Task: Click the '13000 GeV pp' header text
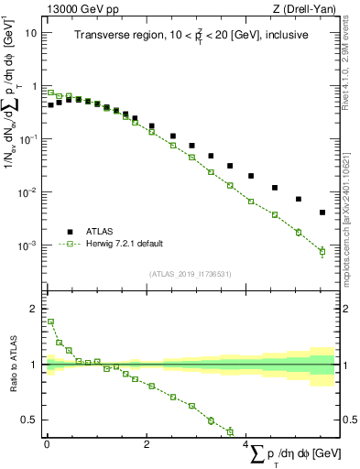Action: pyautogui.click(x=77, y=7)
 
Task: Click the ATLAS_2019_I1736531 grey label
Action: pyautogui.click(x=191, y=273)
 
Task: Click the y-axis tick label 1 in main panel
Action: pyautogui.click(x=36, y=85)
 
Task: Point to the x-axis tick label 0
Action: pyautogui.click(x=47, y=445)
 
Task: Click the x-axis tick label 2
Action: pyautogui.click(x=147, y=445)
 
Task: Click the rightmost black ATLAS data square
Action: pyautogui.click(x=322, y=213)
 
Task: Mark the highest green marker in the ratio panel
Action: pyautogui.click(x=50, y=322)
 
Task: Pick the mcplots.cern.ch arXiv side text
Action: pyautogui.click(x=350, y=192)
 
